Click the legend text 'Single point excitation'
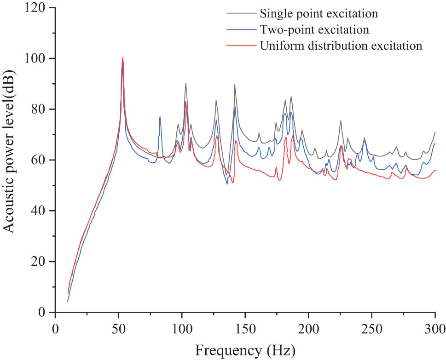[x=319, y=13]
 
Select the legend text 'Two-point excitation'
[x=314, y=30]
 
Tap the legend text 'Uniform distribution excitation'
[x=341, y=46]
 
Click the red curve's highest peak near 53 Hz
[x=122, y=57]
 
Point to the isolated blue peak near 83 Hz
[x=160, y=117]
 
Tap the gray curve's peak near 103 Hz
[x=185, y=84]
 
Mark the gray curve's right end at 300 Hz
[x=435, y=132]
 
